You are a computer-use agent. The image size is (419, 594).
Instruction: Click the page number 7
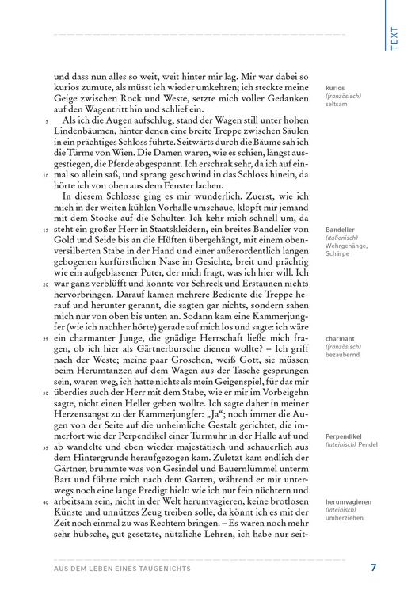coord(373,567)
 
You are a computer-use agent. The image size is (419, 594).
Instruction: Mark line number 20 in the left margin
coord(47,284)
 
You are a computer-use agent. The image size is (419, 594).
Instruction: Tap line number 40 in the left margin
coord(47,502)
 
